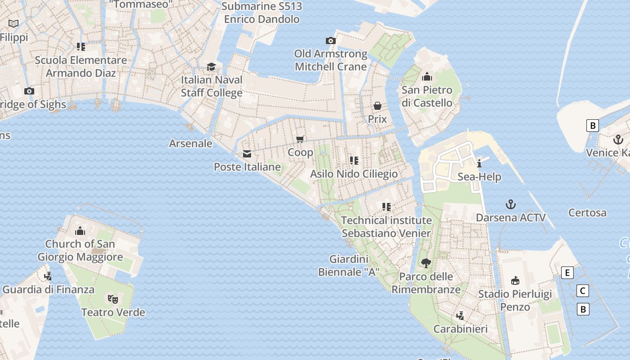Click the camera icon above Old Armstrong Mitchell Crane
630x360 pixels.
[x=331, y=41]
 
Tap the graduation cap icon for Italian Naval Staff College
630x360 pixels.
[x=211, y=67]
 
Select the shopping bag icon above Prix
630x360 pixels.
[x=378, y=106]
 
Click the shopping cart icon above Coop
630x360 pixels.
[x=300, y=139]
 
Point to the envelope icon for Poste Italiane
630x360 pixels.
[x=247, y=154]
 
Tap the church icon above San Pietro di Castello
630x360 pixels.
[x=427, y=77]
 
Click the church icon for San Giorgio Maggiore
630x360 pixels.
[x=80, y=231]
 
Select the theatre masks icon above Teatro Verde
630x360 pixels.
[x=113, y=299]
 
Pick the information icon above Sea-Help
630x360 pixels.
[x=479, y=163]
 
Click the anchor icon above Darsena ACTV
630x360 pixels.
[x=510, y=205]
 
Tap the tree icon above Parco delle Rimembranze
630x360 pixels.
[x=426, y=263]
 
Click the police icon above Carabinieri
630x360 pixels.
[x=460, y=315]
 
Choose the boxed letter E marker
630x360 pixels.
[x=567, y=272]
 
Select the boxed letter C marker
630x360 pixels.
[x=583, y=291]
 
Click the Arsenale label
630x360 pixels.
[x=190, y=144]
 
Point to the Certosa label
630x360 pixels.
[x=587, y=212]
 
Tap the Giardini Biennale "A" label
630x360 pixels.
[x=349, y=265]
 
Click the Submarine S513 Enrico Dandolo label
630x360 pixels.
[x=262, y=13]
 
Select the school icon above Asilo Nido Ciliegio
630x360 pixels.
[x=354, y=160]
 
